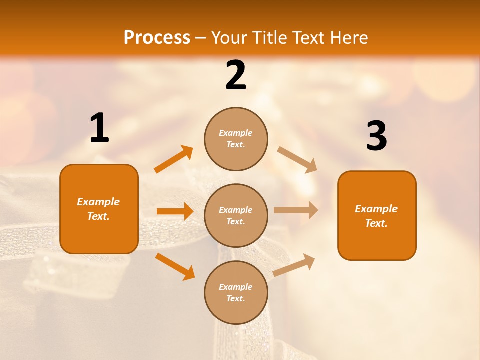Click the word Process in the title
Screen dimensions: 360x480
coord(157,38)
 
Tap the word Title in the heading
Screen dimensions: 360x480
coord(270,38)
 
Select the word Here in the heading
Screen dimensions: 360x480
coord(348,38)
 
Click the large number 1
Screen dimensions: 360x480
coord(99,128)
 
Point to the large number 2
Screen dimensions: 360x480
coord(236,75)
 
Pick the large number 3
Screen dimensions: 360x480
coord(376,136)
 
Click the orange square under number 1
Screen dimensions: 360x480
coord(99,209)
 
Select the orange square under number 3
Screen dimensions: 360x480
coord(377,216)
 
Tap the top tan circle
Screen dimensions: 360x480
coord(236,139)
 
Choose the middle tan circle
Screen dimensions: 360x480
coord(236,216)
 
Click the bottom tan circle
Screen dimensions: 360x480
coord(236,293)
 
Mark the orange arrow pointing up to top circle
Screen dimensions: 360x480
coord(173,159)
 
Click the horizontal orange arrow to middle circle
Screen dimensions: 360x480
coord(175,211)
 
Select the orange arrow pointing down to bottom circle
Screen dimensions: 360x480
coord(175,266)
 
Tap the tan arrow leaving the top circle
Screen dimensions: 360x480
coord(297,159)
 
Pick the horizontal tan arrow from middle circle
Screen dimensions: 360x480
coord(296,210)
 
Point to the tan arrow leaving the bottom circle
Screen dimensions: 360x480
coord(294,265)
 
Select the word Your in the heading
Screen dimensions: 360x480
coord(228,38)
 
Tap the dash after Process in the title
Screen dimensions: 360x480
coord(200,38)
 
